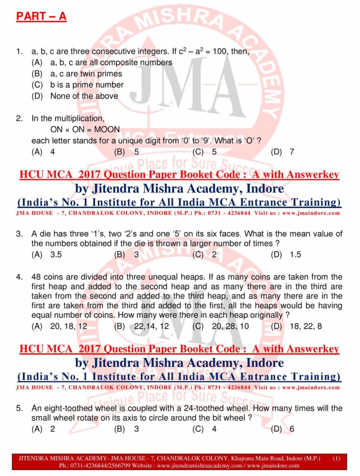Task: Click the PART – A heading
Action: [x=41, y=17]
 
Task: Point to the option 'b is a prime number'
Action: [x=87, y=85]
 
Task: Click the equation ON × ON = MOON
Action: [x=85, y=129]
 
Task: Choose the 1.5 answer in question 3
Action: [x=295, y=254]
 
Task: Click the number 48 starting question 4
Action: [x=36, y=277]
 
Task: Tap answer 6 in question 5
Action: [x=292, y=429]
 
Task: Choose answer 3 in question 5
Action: [x=136, y=429]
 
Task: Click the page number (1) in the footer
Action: [x=337, y=458]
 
